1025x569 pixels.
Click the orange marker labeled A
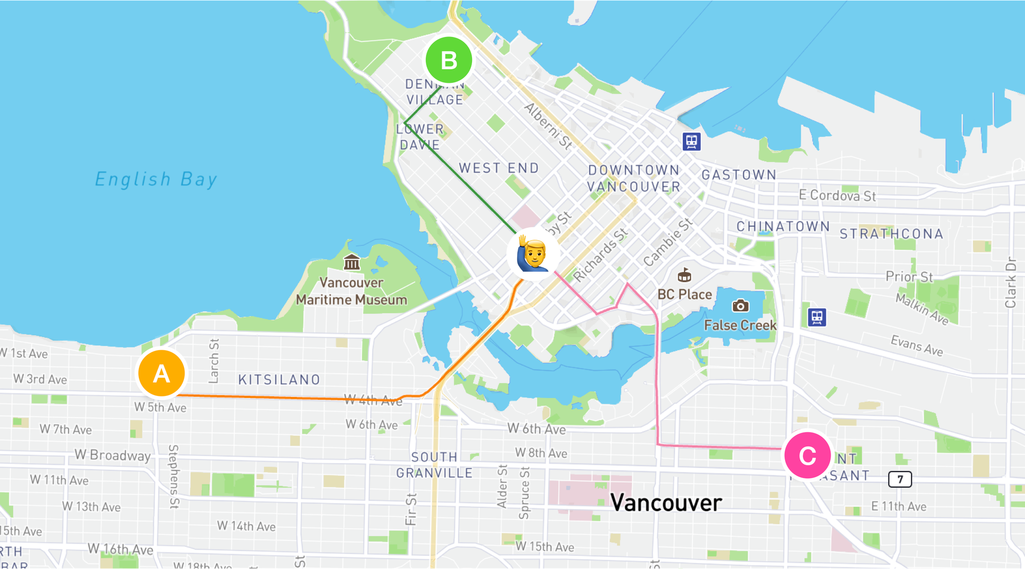point(161,373)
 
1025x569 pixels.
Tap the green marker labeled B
point(449,60)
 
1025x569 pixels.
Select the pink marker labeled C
point(807,455)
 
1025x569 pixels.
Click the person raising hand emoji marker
point(533,254)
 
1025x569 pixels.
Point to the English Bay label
point(156,179)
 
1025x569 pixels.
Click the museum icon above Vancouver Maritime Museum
point(352,262)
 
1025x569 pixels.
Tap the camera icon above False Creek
point(740,306)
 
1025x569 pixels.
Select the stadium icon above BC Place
point(684,276)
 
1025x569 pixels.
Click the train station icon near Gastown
point(691,141)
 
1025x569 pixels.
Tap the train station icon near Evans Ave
point(817,317)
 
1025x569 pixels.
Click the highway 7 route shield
point(900,479)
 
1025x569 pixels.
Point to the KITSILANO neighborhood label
point(279,380)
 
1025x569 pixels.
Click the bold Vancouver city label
point(666,502)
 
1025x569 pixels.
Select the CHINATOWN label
point(783,226)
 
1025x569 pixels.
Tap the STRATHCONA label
point(891,234)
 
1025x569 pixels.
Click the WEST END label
point(499,168)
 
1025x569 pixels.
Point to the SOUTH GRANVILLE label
point(434,465)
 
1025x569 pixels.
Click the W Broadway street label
point(113,455)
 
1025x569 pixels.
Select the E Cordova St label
point(837,196)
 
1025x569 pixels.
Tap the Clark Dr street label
point(1010,283)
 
